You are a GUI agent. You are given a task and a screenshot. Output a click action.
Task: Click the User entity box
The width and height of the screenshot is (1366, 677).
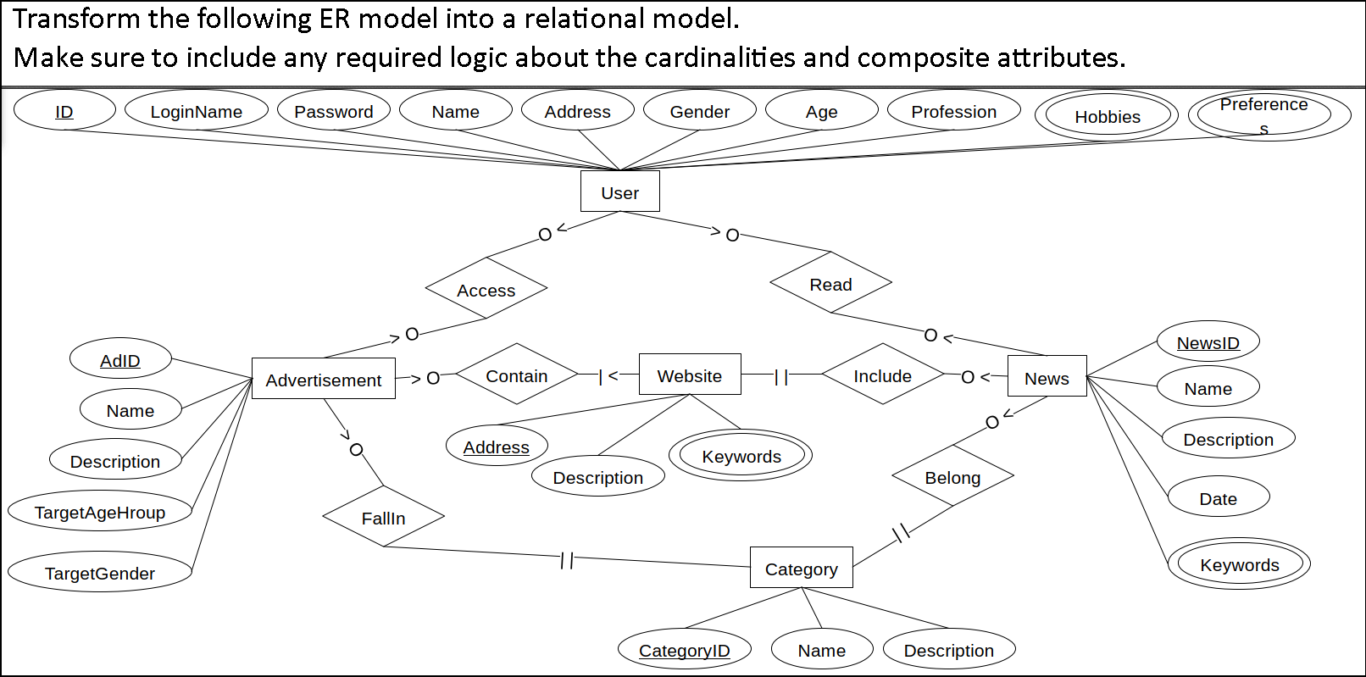click(x=619, y=191)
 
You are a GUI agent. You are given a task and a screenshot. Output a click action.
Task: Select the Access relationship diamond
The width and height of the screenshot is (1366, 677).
click(x=486, y=289)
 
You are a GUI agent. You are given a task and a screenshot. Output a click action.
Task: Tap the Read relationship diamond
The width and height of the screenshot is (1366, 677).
click(x=830, y=283)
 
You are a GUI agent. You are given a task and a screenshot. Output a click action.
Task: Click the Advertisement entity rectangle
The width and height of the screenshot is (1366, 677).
click(x=323, y=379)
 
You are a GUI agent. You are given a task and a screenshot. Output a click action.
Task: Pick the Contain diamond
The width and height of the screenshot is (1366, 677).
click(x=516, y=375)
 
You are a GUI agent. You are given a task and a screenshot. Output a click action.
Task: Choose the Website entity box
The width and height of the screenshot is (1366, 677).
click(x=689, y=375)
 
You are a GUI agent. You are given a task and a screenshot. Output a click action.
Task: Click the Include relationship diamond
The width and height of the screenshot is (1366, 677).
click(x=882, y=375)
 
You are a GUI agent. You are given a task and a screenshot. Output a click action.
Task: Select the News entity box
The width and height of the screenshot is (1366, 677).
click(x=1047, y=377)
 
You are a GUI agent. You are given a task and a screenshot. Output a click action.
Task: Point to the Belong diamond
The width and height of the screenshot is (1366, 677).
click(x=952, y=476)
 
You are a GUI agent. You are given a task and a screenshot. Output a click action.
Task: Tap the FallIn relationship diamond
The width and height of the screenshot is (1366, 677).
click(x=383, y=517)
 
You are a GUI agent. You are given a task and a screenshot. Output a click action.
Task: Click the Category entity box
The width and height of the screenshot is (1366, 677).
click(x=801, y=568)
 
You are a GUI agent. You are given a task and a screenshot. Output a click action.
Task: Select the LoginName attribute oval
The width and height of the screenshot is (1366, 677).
click(x=196, y=111)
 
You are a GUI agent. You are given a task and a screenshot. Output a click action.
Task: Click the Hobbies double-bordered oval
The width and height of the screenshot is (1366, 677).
click(x=1107, y=116)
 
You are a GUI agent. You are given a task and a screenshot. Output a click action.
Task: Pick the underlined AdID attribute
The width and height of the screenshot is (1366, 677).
click(x=119, y=359)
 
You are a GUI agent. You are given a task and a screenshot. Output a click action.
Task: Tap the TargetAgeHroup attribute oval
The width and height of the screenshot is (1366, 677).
click(x=99, y=511)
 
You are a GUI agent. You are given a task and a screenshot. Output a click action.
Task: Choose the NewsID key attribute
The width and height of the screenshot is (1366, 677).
click(x=1208, y=341)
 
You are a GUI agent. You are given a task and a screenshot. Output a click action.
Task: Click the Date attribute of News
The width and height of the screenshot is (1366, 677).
click(x=1218, y=497)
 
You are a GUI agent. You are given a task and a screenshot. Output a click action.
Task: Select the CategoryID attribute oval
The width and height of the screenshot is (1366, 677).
click(x=684, y=649)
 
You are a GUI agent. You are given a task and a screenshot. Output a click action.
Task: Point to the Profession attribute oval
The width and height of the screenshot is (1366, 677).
click(x=953, y=111)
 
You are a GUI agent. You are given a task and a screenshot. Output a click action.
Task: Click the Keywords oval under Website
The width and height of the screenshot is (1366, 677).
click(x=741, y=456)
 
